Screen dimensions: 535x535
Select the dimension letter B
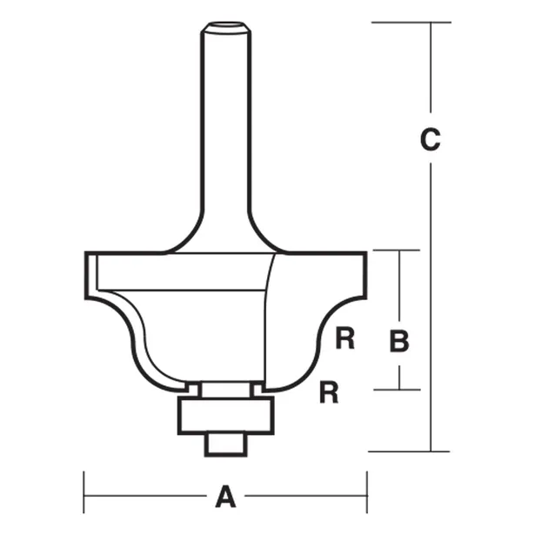398,342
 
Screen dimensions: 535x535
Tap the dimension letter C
430,139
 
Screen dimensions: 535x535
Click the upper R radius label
345,339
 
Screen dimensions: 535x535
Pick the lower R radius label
328,392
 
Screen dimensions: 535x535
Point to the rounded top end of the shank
225,27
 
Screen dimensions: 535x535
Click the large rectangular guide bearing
225,415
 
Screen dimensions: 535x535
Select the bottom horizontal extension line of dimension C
409,451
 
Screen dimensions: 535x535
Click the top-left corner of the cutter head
87,254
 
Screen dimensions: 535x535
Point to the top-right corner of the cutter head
364,254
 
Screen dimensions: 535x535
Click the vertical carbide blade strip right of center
271,322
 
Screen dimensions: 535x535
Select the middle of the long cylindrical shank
225,130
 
